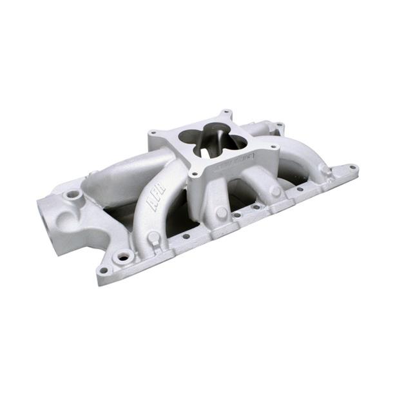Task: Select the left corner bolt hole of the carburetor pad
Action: (153, 133)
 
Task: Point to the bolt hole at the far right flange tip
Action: (352, 168)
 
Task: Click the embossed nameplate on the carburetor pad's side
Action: (232, 160)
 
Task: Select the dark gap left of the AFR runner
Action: (119, 217)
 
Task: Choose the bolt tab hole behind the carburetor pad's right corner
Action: (279, 126)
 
